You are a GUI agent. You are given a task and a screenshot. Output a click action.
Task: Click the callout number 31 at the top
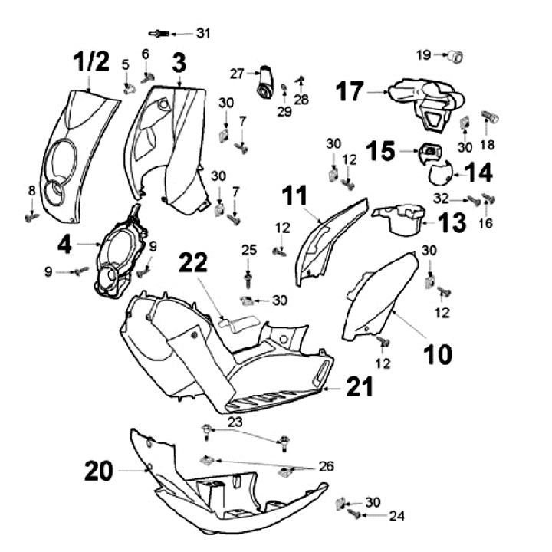(x=202, y=33)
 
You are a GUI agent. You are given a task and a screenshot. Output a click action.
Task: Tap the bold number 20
(x=99, y=472)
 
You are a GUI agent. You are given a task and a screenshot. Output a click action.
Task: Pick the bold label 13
(x=453, y=223)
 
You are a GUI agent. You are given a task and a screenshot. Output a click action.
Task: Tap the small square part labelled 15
(x=431, y=152)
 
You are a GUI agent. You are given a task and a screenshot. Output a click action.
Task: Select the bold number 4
(x=65, y=246)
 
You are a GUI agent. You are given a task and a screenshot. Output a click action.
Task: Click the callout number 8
(x=31, y=190)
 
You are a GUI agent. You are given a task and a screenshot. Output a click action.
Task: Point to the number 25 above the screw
(x=248, y=250)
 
